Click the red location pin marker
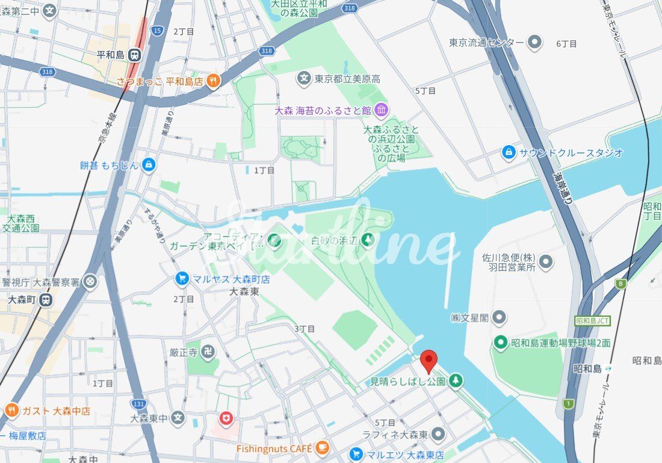428,360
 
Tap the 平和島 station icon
135,55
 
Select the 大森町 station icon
46,299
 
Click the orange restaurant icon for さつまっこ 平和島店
212,80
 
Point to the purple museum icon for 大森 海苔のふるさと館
381,110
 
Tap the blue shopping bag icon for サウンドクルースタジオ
509,152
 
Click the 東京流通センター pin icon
534,42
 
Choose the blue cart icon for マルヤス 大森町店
181,279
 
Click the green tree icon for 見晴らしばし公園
456,381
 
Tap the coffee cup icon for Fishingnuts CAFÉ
323,447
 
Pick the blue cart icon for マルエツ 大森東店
356,455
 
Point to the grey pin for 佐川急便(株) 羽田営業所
546,262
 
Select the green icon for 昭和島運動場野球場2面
500,343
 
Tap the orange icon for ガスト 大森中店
11,411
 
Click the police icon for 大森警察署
90,281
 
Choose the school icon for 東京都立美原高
305,78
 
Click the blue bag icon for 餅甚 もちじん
149,164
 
